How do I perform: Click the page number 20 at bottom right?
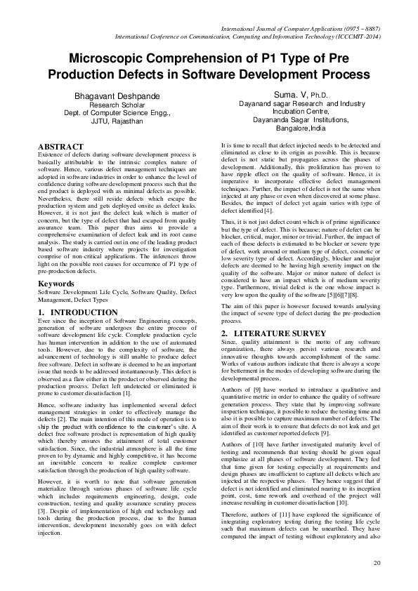click(377, 563)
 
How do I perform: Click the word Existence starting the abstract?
click(52, 154)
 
